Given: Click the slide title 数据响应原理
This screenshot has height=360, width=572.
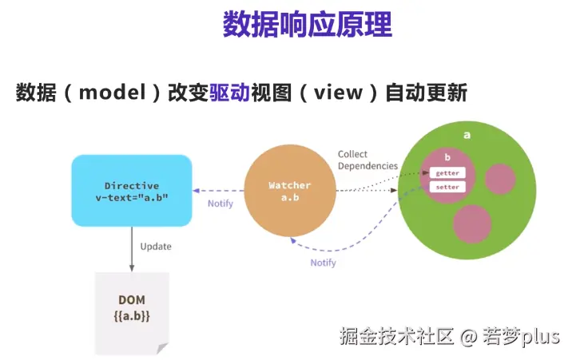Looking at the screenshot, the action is click(x=307, y=25).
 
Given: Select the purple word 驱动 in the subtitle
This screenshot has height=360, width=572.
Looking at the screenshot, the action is click(x=230, y=92).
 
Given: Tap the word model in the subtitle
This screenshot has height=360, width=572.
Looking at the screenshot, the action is click(x=113, y=92).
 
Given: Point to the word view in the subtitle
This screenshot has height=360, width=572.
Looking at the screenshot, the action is click(x=338, y=93).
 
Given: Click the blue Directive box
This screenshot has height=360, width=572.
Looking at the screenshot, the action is click(x=132, y=191).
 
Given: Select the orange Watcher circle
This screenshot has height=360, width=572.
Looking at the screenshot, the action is click(x=290, y=191).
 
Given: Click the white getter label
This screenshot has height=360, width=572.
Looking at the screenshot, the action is click(x=447, y=172).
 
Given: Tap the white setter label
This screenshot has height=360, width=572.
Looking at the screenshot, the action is click(x=447, y=187).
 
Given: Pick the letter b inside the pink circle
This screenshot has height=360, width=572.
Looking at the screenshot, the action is click(x=447, y=157).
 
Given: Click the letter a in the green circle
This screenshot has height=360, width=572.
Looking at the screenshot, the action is click(x=467, y=135).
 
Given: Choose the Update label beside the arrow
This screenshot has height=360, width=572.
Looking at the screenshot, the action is click(x=156, y=247).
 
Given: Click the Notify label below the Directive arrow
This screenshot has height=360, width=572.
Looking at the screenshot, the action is click(x=220, y=204).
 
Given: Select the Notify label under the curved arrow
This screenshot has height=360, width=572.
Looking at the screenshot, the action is click(x=324, y=263).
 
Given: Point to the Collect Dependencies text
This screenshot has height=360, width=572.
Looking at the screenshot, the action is click(x=367, y=160).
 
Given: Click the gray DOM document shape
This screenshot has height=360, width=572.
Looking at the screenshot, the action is click(x=132, y=314).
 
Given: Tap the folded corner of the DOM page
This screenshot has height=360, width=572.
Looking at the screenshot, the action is click(x=161, y=349).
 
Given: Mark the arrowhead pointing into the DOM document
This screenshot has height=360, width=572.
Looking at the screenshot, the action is click(x=132, y=268).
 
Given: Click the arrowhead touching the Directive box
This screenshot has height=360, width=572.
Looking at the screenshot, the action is click(x=197, y=191).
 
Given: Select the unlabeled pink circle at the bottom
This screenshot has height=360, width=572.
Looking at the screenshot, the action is click(x=472, y=224).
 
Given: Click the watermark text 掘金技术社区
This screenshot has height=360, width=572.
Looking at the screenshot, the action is click(x=397, y=336).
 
